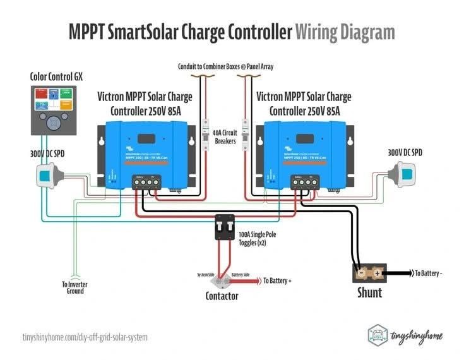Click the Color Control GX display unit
pyautogui.click(x=54, y=110)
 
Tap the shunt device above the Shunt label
pyautogui.click(x=370, y=273)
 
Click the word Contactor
pyautogui.click(x=222, y=296)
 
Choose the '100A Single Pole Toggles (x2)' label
pyautogui.click(x=257, y=238)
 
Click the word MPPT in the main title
pyautogui.click(x=92, y=32)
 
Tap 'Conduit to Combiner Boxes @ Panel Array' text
pyautogui.click(x=225, y=66)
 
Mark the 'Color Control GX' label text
pyautogui.click(x=57, y=77)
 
